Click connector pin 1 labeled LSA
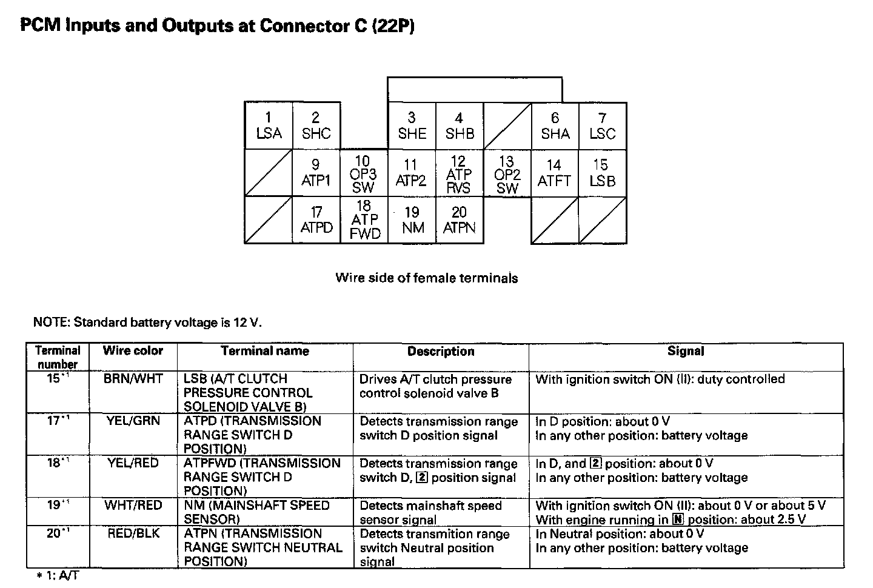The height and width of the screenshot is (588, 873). (x=269, y=125)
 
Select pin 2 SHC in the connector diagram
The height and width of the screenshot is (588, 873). (x=316, y=125)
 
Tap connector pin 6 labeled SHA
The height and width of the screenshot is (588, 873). (x=555, y=125)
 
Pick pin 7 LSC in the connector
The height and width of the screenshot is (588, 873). (x=602, y=125)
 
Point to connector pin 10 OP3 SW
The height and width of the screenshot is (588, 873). (x=363, y=173)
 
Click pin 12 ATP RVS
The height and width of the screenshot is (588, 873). (x=459, y=173)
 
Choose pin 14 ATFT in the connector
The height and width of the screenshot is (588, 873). (x=554, y=173)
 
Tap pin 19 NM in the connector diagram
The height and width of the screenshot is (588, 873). (x=412, y=220)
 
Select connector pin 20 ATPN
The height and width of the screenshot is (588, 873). (x=459, y=220)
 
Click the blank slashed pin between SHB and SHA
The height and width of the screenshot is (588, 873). (x=507, y=125)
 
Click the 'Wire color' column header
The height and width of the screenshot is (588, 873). (x=133, y=350)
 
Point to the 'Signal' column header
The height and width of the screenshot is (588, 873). (x=686, y=351)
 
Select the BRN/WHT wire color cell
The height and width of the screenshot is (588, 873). (x=133, y=379)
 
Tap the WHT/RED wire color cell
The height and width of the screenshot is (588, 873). (x=133, y=505)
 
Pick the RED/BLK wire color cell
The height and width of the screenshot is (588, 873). (x=133, y=533)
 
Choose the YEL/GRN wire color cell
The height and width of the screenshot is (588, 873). (x=133, y=420)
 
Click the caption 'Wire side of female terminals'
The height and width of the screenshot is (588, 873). (x=427, y=278)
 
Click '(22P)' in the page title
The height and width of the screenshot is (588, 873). (x=393, y=26)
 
